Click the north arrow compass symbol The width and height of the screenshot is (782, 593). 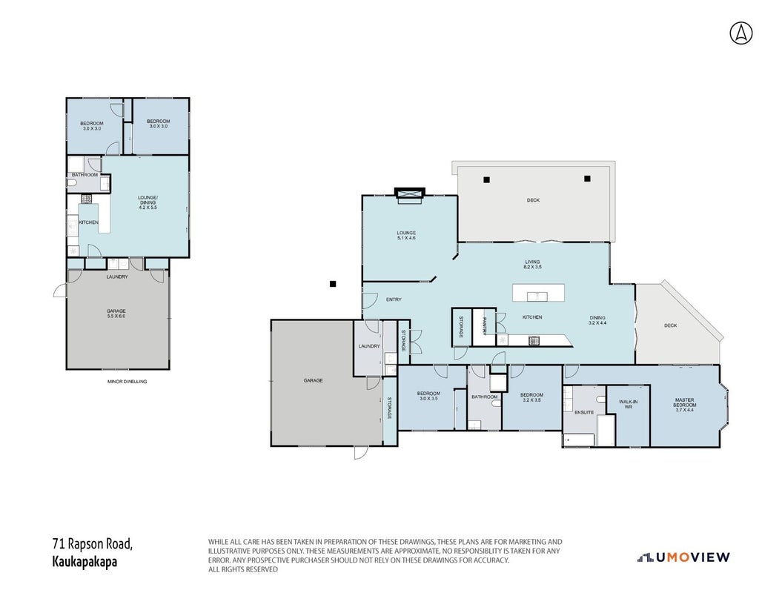tap(741, 33)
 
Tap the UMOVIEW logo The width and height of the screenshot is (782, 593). tap(683, 557)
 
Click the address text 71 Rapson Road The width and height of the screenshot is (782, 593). tap(93, 543)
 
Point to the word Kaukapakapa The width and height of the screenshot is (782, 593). tap(85, 562)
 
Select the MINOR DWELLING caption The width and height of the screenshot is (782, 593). tap(127, 382)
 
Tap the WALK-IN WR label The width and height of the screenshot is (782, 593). tap(628, 404)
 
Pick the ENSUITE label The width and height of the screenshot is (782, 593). tap(584, 412)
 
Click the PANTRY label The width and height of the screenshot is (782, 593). tap(484, 327)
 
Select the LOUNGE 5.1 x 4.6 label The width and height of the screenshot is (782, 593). tap(406, 236)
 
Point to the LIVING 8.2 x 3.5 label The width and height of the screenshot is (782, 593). tap(532, 265)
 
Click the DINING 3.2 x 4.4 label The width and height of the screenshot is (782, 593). tap(597, 320)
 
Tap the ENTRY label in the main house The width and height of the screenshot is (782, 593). tap(394, 299)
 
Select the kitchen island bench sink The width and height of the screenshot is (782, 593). tap(537, 296)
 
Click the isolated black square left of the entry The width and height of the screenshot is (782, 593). tap(333, 284)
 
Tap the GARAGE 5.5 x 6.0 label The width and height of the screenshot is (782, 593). tap(116, 314)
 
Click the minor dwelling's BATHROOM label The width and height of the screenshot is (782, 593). tap(85, 175)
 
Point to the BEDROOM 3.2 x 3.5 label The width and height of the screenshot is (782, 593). tap(531, 397)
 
